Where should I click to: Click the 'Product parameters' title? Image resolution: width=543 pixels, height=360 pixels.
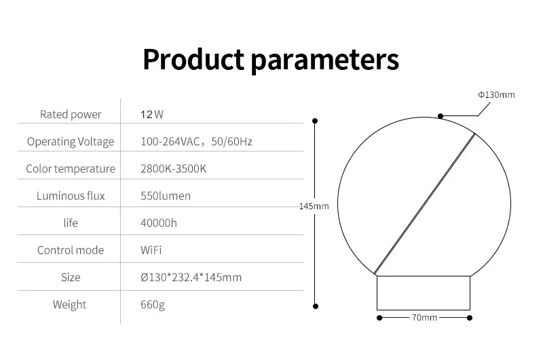point(271,59)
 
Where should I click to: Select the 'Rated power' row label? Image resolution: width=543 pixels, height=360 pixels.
point(71,114)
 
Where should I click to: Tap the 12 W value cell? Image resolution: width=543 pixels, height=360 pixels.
point(152,114)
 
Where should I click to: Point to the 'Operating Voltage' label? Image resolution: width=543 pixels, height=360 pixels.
point(71,141)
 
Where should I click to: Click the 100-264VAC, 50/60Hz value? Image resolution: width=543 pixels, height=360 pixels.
point(196,141)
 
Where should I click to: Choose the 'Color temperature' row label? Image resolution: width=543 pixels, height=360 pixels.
point(71,168)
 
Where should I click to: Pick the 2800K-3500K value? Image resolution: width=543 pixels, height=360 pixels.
point(173,168)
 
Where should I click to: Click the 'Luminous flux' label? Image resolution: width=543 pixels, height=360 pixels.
point(71,196)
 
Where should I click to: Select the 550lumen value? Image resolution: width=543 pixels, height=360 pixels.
point(166,196)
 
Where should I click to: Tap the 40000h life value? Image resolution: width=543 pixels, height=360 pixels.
point(160,223)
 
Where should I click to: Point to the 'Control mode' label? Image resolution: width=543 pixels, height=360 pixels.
point(71,250)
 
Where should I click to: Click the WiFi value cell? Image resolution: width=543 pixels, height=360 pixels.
point(151,250)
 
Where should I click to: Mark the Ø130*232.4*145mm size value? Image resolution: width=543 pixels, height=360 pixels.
point(191,277)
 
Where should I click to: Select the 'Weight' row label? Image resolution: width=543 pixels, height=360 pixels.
point(70,304)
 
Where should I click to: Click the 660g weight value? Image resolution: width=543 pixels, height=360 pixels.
point(153,304)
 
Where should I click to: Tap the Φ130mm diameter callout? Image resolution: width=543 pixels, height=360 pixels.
point(495,94)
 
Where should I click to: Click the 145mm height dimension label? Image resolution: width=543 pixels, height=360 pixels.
point(314,206)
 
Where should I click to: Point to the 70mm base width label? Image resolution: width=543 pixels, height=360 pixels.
point(424,318)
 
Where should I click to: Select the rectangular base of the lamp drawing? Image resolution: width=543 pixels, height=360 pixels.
point(424,293)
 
